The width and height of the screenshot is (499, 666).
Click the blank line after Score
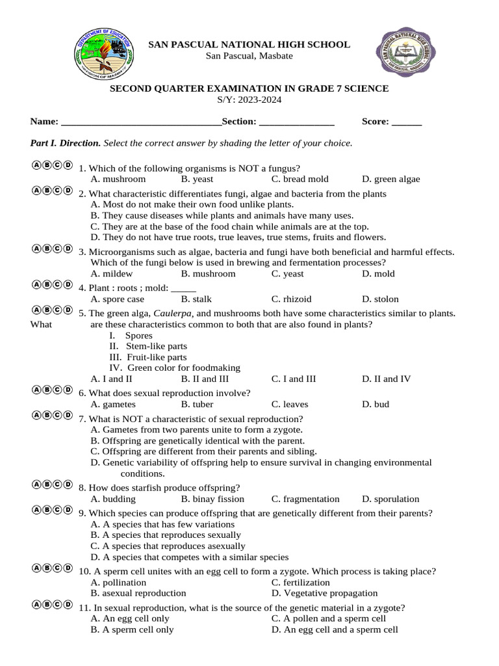(x=407, y=122)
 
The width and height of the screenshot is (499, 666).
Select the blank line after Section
(x=296, y=122)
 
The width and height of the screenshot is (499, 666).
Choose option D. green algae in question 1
(x=390, y=179)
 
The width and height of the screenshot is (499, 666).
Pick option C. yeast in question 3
(x=287, y=274)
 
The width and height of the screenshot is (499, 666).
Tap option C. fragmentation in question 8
(x=305, y=499)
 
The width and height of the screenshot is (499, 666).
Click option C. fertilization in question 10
(x=300, y=582)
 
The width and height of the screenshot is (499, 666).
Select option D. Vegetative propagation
(x=324, y=593)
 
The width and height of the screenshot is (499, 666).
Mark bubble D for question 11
(x=68, y=604)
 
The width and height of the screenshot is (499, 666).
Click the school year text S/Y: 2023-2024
(x=249, y=100)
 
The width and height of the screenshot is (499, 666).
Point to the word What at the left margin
(x=42, y=325)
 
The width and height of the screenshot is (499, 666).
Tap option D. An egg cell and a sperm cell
(x=335, y=630)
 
